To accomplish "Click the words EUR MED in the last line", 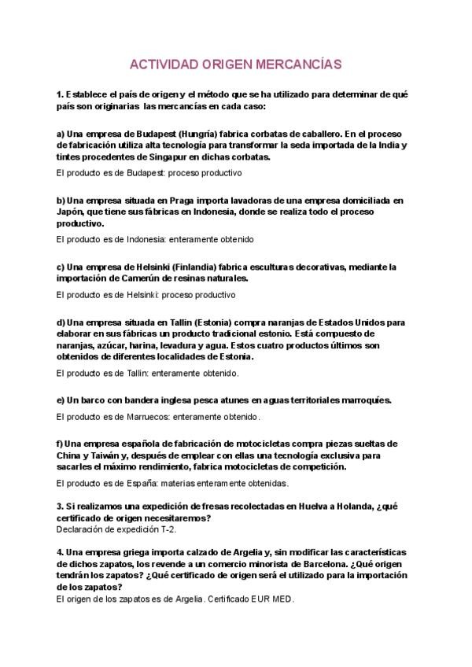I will point(272,599).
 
